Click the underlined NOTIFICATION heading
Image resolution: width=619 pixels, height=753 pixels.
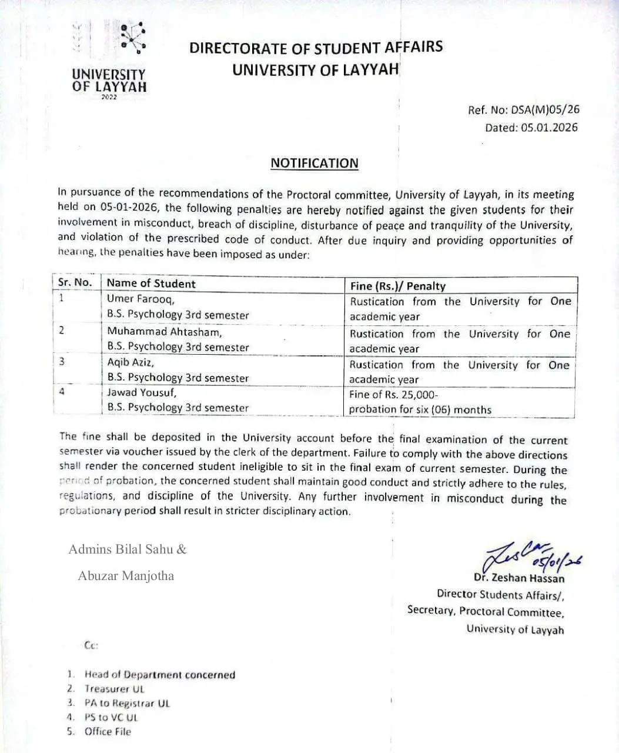point(314,164)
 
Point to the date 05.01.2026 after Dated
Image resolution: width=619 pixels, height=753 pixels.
point(548,128)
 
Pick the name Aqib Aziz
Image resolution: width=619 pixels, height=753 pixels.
point(131,362)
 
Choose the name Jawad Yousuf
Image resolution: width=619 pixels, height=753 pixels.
point(141,392)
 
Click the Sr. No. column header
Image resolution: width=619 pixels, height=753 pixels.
point(75,282)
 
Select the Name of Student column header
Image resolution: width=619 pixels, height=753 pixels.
point(151,283)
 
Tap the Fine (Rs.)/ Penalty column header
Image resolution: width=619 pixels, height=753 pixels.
point(398,286)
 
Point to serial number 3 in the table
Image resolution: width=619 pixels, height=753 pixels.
point(62,361)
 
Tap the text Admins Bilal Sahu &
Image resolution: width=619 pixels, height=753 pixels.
point(127,549)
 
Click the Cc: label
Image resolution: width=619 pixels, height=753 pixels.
point(91,645)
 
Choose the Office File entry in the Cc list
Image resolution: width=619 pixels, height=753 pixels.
point(108,732)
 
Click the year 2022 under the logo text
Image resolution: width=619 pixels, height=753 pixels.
point(109,97)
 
